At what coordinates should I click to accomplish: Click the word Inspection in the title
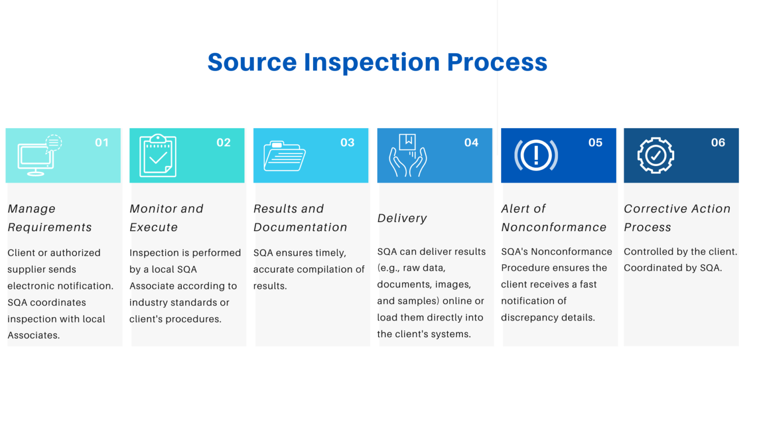pos(372,63)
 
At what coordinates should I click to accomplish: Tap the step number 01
pos(102,142)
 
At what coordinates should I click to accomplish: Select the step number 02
pos(223,142)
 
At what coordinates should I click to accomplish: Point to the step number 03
pos(347,142)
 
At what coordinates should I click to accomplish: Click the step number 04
pos(471,142)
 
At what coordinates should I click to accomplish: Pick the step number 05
pos(595,142)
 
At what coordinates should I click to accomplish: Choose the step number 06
pos(718,142)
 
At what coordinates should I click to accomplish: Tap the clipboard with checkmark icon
pos(158,155)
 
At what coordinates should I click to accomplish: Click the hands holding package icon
pos(408,155)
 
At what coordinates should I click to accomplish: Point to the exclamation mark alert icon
pos(536,155)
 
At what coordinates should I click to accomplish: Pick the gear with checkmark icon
pos(655,155)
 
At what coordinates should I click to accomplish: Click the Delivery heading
pos(402,218)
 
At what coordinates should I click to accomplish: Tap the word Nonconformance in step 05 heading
pos(553,227)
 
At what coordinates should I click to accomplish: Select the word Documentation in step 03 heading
pos(300,227)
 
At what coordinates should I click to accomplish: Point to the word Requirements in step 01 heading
pos(50,227)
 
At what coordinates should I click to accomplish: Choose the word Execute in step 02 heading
pos(153,227)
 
